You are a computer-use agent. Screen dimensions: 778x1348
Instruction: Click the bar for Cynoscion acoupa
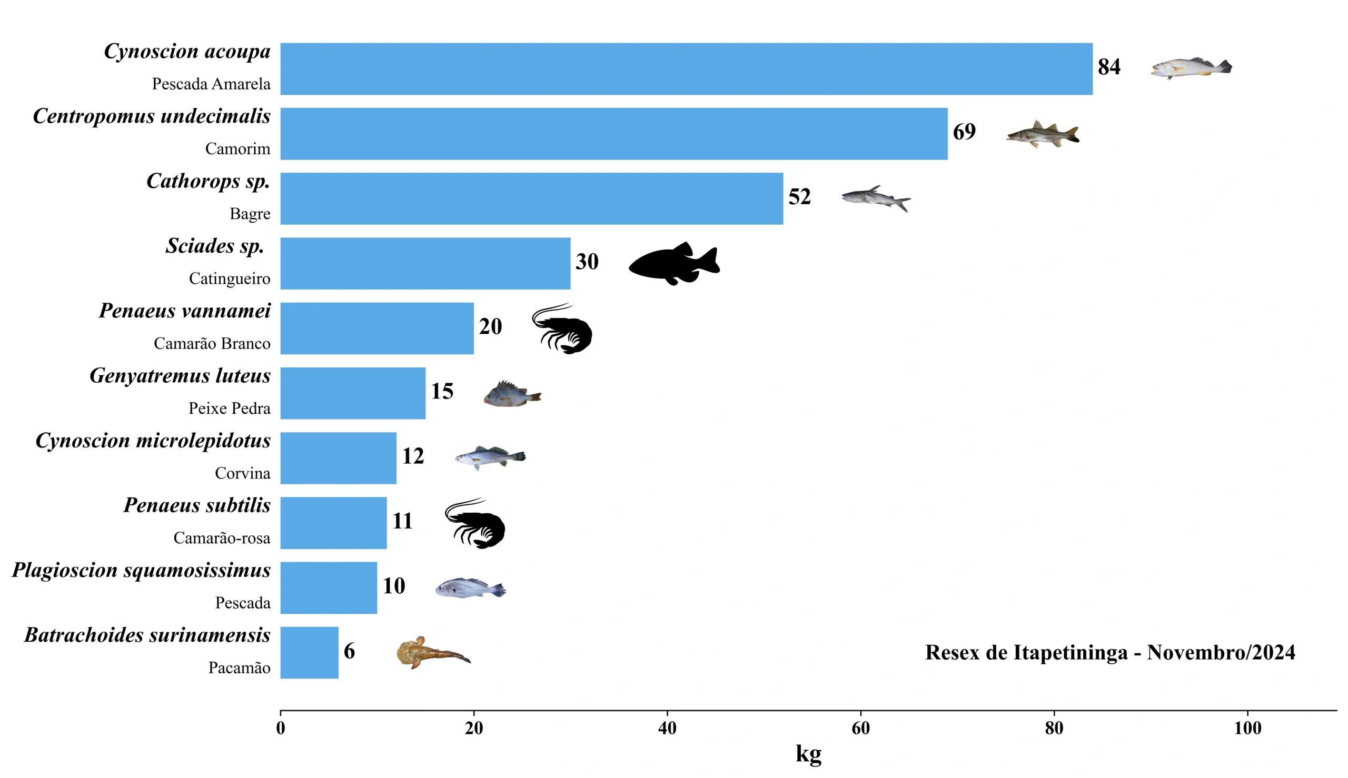click(686, 69)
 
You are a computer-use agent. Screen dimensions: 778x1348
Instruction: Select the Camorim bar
click(613, 134)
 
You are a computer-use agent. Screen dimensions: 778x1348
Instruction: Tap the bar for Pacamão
click(309, 652)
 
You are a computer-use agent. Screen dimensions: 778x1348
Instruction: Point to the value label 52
click(800, 197)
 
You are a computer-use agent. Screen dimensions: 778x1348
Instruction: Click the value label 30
click(587, 262)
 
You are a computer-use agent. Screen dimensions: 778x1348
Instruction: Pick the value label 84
click(1109, 67)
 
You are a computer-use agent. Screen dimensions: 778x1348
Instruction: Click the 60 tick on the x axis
click(860, 728)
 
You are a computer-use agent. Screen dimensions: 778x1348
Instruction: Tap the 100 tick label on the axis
click(1247, 728)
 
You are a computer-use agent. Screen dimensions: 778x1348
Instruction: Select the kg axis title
click(808, 753)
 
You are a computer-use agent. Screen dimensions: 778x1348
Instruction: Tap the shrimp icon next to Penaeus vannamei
click(562, 328)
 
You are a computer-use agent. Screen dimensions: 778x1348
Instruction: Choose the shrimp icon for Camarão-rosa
click(475, 523)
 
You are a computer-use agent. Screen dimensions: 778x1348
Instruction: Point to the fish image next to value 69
click(1042, 134)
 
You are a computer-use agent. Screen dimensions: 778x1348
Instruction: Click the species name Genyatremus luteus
click(180, 376)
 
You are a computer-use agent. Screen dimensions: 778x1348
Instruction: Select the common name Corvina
click(243, 473)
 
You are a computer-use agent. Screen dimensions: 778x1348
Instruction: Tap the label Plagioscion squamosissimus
click(141, 570)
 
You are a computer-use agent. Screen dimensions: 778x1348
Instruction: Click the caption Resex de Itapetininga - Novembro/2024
click(1110, 652)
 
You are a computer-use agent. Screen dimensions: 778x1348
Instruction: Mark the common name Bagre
click(250, 214)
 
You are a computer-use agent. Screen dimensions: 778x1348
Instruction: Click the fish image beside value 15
click(512, 394)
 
